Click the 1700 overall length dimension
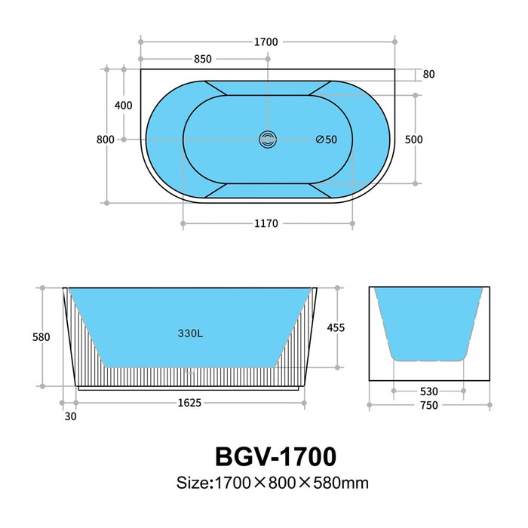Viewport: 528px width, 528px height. tap(267, 42)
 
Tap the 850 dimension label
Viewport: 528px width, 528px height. tap(202, 59)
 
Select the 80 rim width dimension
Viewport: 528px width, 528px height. tap(428, 75)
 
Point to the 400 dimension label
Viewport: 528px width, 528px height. tap(123, 105)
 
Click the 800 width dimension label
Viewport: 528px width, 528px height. tap(106, 140)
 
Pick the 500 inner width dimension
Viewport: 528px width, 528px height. tap(413, 140)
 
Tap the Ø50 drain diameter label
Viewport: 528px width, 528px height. tap(326, 140)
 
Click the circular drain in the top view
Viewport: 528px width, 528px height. tap(268, 140)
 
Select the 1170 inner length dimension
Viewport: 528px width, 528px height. tap(267, 223)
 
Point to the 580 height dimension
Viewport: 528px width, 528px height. tap(41, 337)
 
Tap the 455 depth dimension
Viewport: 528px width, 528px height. tap(336, 327)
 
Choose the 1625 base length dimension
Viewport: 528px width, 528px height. tap(189, 403)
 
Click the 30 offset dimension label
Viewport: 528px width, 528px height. tap(70, 416)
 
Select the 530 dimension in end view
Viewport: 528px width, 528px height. tap(428, 391)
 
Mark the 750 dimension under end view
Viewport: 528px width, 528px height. tap(428, 406)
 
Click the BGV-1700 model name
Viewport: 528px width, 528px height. tap(275, 456)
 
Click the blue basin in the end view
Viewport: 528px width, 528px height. tap(428, 321)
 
